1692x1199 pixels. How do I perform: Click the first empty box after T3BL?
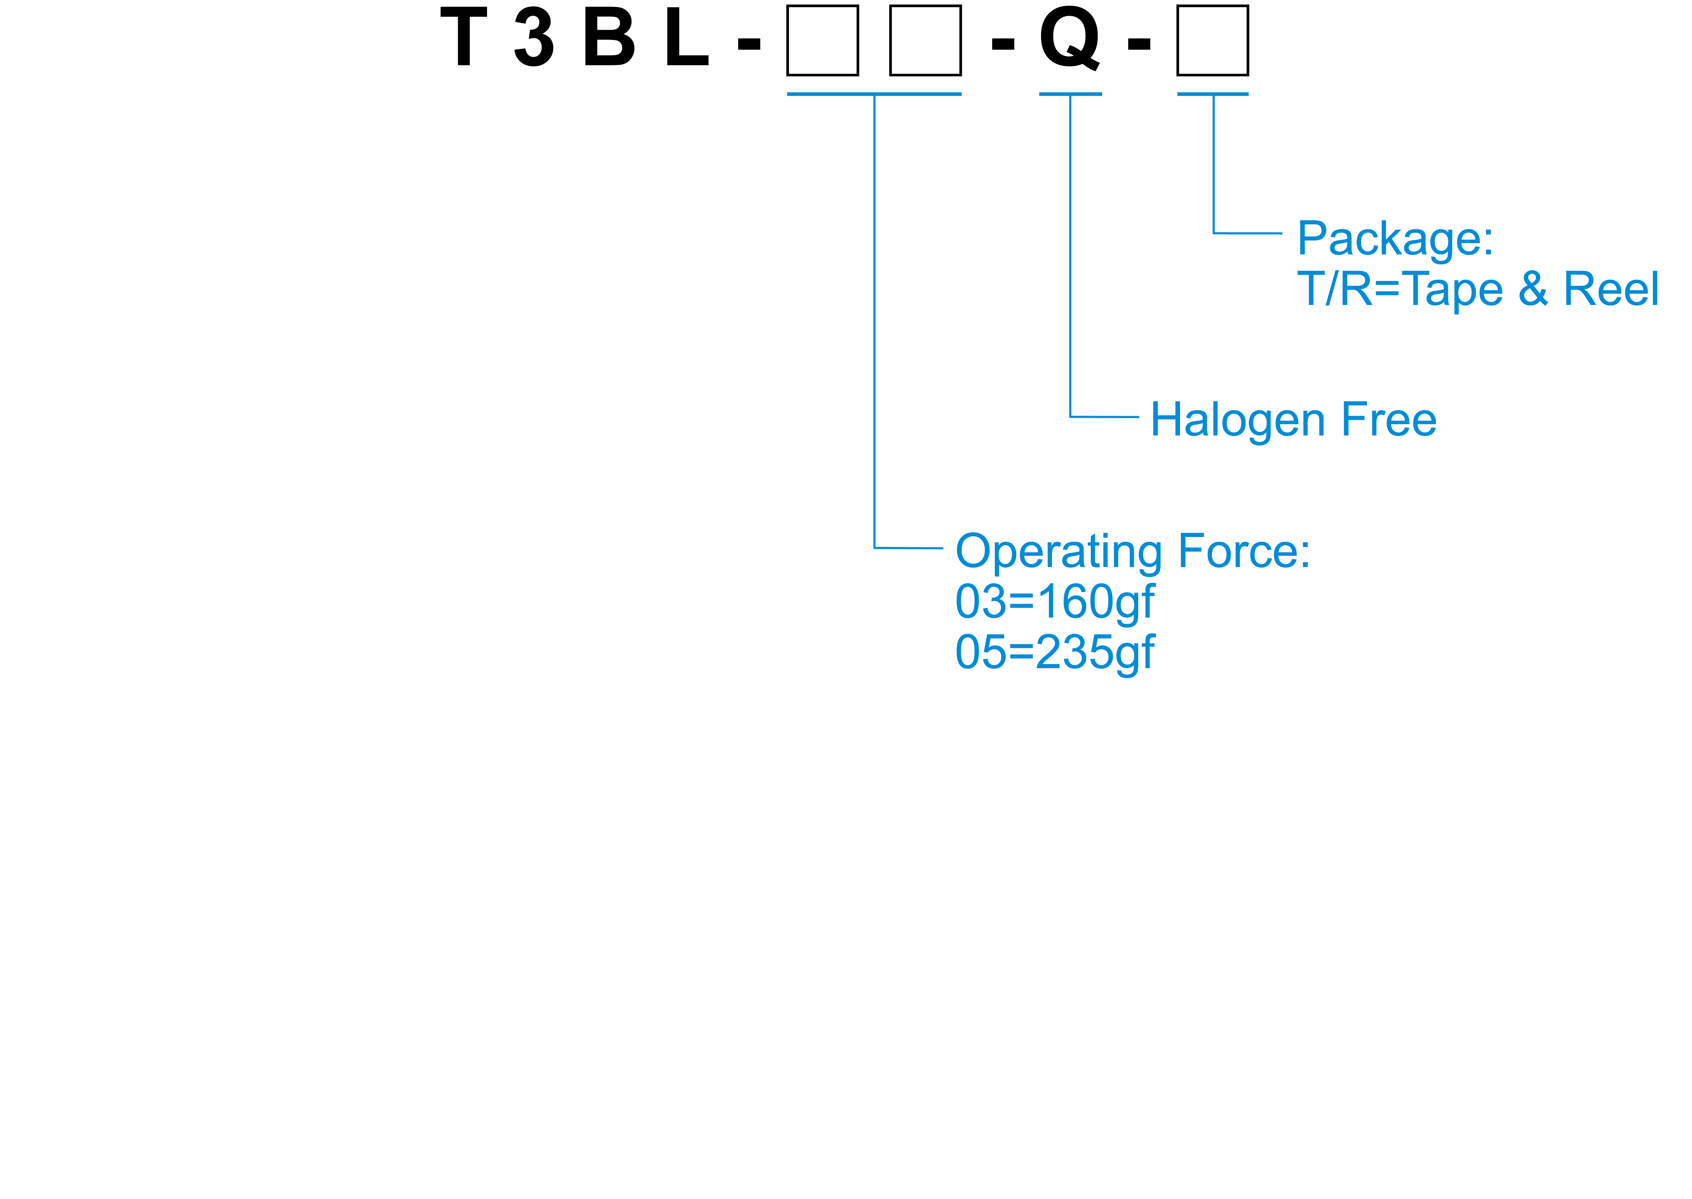coord(822,41)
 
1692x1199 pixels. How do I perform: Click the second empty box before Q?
coord(925,41)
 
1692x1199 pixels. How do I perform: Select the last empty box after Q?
coord(1212,41)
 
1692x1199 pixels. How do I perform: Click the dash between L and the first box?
coord(749,44)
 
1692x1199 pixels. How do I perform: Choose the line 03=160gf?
coord(1054,603)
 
